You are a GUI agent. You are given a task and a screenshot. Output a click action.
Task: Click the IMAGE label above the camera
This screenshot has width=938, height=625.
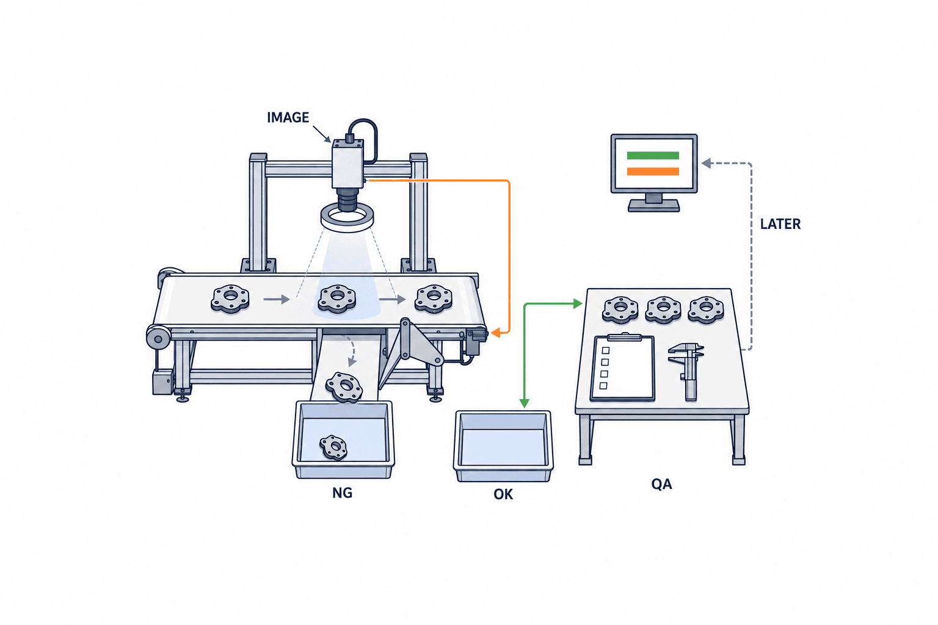point(288,118)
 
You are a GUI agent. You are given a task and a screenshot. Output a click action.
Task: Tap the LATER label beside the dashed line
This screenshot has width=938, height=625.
point(780,225)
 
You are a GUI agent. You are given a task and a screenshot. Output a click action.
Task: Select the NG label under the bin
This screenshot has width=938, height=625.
point(342,493)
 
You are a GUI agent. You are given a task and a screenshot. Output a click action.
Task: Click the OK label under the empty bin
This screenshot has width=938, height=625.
point(503,494)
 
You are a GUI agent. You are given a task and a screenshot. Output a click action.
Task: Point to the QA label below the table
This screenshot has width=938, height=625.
point(661,485)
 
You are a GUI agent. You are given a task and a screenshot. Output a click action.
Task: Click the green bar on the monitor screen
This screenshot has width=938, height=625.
point(653,156)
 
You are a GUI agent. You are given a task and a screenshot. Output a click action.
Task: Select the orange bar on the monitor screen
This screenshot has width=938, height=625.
point(653,172)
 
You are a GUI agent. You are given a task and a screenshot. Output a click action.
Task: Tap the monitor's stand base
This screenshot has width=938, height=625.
point(653,206)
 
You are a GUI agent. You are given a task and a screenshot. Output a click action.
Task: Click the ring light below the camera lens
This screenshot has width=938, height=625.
point(347,219)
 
